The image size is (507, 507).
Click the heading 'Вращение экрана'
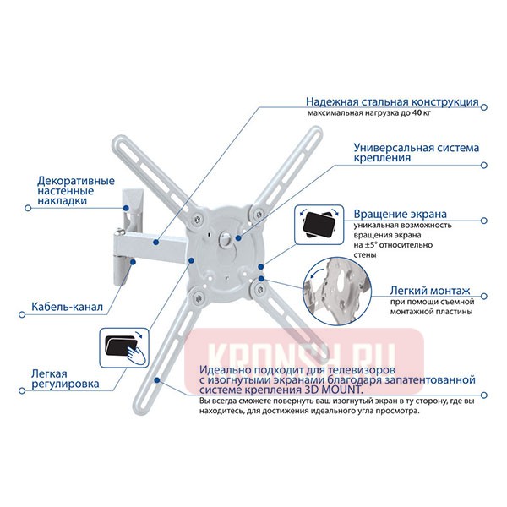(x=401, y=215)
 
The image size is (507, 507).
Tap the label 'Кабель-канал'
(x=68, y=308)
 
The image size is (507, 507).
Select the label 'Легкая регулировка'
(x=66, y=378)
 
